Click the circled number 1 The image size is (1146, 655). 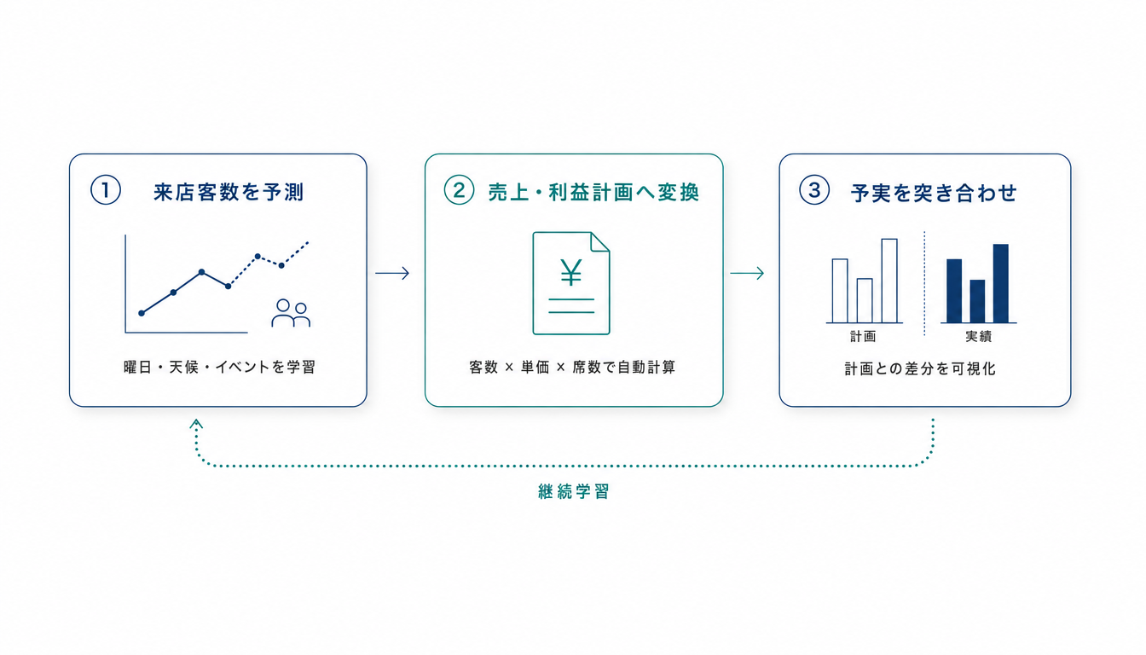point(106,190)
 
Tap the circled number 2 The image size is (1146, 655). point(459,190)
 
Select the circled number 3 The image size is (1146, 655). point(814,190)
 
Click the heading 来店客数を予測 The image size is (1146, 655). point(229,193)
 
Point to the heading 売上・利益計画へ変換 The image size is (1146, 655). point(593,193)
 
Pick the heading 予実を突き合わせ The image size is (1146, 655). point(934,194)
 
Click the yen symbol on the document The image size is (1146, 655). point(571,272)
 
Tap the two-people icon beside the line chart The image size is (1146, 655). point(291,313)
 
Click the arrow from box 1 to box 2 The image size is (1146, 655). point(392,273)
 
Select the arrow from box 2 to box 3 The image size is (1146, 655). point(747,273)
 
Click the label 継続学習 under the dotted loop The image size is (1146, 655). point(574,492)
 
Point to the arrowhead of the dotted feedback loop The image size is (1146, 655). point(196,423)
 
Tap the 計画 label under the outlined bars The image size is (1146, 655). point(863,336)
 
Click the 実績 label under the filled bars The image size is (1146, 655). point(979,336)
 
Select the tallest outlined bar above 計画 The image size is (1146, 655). point(889,281)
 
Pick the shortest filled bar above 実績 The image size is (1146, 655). point(977,301)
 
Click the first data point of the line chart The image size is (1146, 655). point(142,313)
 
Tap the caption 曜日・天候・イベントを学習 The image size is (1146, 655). point(219,367)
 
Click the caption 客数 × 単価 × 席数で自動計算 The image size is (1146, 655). point(572,367)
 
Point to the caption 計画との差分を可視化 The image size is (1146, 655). point(920,369)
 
